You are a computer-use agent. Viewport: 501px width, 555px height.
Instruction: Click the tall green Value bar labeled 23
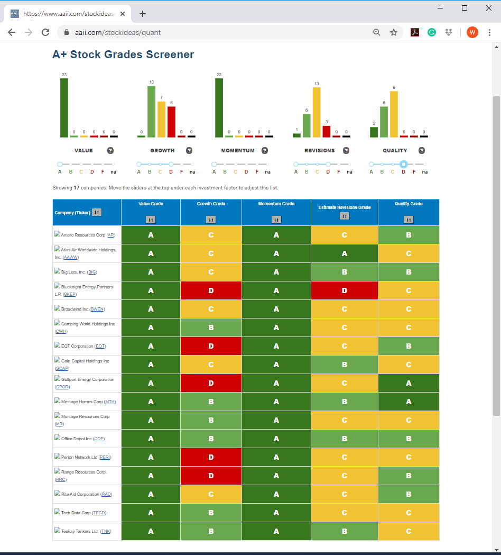click(64, 107)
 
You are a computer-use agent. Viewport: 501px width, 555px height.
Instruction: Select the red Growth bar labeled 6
click(171, 122)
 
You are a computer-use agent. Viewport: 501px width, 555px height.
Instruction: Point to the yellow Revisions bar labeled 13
click(317, 112)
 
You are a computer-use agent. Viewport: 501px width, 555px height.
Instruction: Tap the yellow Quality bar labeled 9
click(394, 114)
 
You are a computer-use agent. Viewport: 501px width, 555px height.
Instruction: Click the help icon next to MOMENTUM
click(264, 150)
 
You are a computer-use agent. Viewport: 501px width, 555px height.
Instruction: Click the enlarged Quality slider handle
click(403, 164)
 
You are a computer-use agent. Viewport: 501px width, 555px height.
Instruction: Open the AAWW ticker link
click(71, 257)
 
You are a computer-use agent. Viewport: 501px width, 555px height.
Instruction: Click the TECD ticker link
click(99, 513)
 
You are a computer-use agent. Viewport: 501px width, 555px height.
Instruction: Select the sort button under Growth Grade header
click(211, 220)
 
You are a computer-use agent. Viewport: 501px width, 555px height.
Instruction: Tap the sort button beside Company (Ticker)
click(97, 212)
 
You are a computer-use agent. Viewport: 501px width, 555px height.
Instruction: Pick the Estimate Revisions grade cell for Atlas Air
click(345, 253)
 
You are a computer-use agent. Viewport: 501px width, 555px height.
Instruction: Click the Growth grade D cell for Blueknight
click(211, 290)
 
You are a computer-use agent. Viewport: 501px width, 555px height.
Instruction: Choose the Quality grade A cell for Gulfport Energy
click(409, 383)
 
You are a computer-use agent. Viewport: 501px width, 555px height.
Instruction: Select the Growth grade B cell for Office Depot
click(211, 439)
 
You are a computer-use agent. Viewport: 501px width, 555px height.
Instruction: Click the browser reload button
click(45, 33)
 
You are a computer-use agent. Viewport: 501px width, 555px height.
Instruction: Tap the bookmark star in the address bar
click(394, 33)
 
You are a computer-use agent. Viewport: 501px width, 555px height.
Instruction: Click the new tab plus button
click(143, 14)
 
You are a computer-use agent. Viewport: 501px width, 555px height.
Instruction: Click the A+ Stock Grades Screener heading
click(123, 54)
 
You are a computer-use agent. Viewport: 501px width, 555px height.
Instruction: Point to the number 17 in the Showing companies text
click(77, 188)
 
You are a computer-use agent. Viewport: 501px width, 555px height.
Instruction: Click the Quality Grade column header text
click(409, 204)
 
